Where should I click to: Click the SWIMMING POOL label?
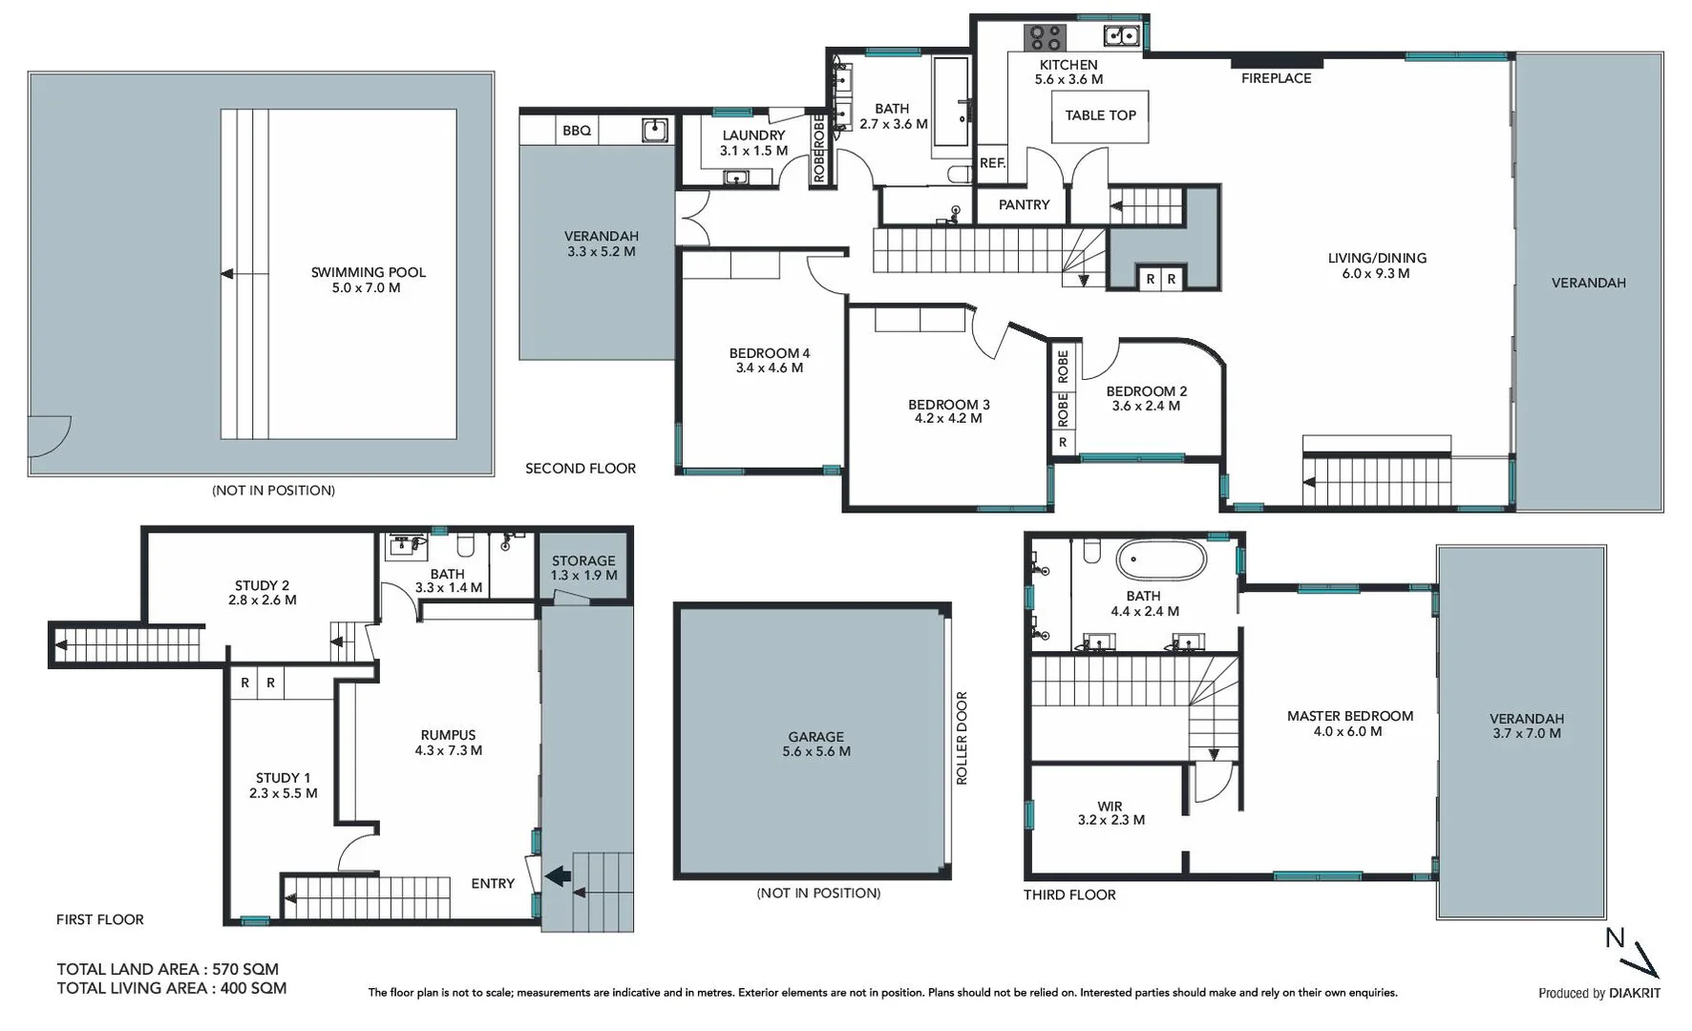(x=368, y=280)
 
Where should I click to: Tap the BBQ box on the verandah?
(x=577, y=131)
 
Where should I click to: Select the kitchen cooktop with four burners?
(x=1045, y=37)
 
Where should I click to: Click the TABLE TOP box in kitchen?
(x=1100, y=116)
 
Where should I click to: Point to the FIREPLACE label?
(x=1276, y=78)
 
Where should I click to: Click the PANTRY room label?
(x=1024, y=205)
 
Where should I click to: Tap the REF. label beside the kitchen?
(x=992, y=163)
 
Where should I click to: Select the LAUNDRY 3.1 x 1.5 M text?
(x=753, y=143)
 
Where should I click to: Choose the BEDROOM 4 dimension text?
(x=769, y=368)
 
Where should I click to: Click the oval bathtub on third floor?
(x=1161, y=560)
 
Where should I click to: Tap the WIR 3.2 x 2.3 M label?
(x=1110, y=813)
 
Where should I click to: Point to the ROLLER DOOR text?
(x=962, y=738)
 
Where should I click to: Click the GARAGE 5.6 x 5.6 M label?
(x=815, y=744)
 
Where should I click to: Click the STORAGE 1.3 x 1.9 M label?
(x=583, y=568)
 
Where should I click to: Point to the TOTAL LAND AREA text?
(x=167, y=969)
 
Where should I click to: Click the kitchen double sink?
(x=1120, y=36)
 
